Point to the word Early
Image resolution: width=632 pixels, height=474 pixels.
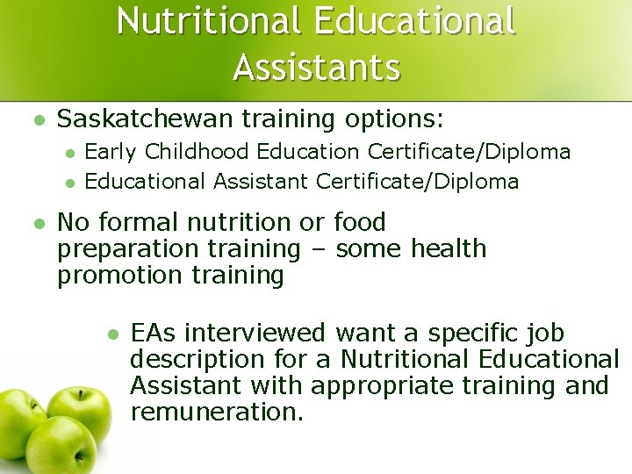pyautogui.click(x=111, y=152)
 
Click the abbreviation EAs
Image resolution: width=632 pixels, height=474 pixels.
pyautogui.click(x=154, y=333)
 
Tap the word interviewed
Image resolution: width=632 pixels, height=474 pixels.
pyautogui.click(x=255, y=333)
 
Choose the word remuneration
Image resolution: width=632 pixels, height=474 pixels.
pyautogui.click(x=216, y=412)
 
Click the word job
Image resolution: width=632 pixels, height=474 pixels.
pyautogui.click(x=543, y=334)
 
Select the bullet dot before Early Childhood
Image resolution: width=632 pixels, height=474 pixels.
pyautogui.click(x=70, y=153)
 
